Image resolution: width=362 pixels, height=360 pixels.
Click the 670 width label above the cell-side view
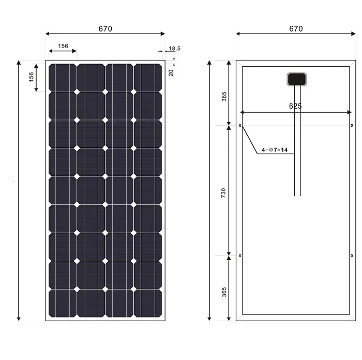pyautogui.click(x=105, y=29)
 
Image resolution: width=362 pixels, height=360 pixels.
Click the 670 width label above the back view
pyautogui.click(x=296, y=29)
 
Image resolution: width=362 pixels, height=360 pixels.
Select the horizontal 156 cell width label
pyautogui.click(x=63, y=46)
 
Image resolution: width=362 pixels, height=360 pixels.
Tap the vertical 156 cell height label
pyautogui.click(x=32, y=77)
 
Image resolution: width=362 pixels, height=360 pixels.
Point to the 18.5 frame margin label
pyautogui.click(x=175, y=49)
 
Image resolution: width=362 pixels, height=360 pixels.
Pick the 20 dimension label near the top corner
pyautogui.click(x=171, y=72)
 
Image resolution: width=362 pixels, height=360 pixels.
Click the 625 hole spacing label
pyautogui.click(x=295, y=106)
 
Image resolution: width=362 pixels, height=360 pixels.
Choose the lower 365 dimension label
pyautogui.click(x=224, y=292)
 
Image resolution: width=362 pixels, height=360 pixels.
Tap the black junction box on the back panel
pyautogui.click(x=296, y=79)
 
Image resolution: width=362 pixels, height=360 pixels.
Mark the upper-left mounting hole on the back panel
pyautogui.click(x=240, y=126)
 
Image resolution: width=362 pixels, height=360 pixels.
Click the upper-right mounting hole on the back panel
pyautogui.click(x=352, y=126)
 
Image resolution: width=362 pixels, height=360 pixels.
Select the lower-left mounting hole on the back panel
pyautogui.click(x=240, y=256)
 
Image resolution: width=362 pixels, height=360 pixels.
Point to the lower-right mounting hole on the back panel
pyautogui.click(x=352, y=256)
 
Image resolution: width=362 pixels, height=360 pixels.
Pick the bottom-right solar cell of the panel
pyautogui.click(x=148, y=303)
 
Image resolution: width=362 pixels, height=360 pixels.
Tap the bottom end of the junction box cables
pyautogui.click(x=297, y=196)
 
